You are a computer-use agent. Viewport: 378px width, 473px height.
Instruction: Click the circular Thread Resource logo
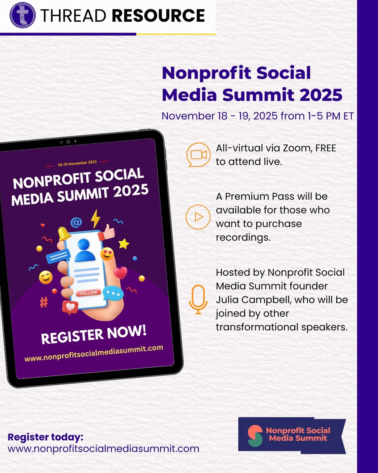click(22, 15)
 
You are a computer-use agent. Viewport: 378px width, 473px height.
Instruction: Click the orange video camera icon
click(198, 155)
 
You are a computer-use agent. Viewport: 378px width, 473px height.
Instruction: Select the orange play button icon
click(198, 217)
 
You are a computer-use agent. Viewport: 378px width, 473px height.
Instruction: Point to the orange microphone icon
click(198, 300)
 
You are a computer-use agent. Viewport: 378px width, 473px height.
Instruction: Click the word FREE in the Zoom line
click(325, 148)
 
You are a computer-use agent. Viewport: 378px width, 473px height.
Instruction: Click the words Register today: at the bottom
click(45, 437)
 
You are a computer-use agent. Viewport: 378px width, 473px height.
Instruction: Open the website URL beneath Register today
click(103, 449)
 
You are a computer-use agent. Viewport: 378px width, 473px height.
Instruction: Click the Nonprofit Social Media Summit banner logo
click(292, 435)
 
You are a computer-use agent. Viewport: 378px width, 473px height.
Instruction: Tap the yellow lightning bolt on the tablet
click(95, 218)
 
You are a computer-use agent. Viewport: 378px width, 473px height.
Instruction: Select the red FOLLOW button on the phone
click(88, 293)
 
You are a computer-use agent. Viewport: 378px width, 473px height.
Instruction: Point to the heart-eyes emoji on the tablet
click(107, 254)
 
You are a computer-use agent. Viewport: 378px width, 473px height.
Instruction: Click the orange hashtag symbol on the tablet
click(44, 302)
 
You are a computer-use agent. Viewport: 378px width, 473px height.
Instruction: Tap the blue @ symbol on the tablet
click(76, 222)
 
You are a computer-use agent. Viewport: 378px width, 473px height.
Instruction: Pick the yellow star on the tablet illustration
click(123, 244)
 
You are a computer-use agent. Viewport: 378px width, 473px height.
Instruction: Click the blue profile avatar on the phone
click(84, 250)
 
